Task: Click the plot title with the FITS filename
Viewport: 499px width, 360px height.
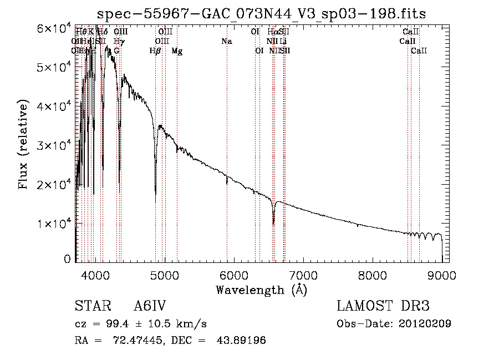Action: (261, 14)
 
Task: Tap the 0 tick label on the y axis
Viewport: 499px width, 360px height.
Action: (68, 259)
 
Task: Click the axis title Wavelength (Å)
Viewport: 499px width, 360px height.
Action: (261, 290)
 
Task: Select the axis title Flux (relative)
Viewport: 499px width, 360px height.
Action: (23, 145)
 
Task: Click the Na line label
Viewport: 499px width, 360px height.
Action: (226, 41)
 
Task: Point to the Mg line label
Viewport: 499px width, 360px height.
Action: (177, 51)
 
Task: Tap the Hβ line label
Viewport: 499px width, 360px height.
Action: (155, 51)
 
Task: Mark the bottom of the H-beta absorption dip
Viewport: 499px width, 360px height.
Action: (155, 194)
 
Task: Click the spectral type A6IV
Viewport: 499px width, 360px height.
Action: (150, 306)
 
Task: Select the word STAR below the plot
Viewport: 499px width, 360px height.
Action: (91, 306)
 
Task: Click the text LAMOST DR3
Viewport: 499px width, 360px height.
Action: (383, 306)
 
